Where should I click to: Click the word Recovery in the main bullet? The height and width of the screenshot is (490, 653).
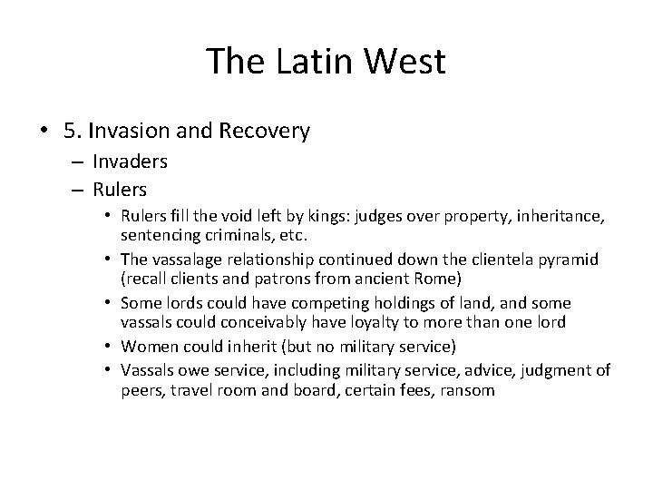[x=265, y=131]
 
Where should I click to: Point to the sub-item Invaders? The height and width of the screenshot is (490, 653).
[x=132, y=162]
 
